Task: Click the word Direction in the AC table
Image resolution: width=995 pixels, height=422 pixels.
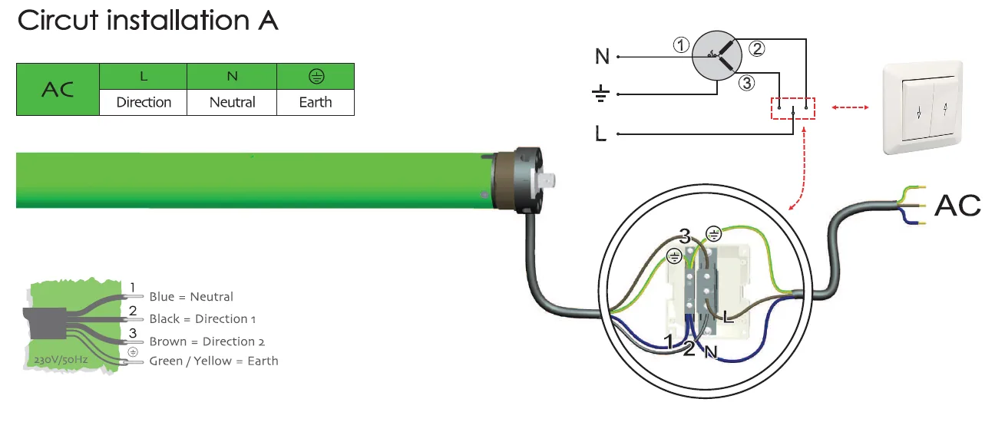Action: (144, 102)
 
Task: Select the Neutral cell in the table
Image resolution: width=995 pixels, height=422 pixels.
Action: (232, 103)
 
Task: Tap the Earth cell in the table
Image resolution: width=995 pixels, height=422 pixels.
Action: (316, 103)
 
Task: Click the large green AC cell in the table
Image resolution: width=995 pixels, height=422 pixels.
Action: (58, 89)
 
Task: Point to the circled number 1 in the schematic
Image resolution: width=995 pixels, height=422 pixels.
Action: (681, 45)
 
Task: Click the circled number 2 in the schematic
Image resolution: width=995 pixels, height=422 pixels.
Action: (757, 48)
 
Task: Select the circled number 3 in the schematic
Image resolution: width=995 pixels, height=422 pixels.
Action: (747, 83)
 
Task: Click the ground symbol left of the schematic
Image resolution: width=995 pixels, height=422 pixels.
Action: (600, 94)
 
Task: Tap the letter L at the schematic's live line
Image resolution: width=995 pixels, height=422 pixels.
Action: (600, 134)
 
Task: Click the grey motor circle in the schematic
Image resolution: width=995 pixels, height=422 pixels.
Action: (716, 55)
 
